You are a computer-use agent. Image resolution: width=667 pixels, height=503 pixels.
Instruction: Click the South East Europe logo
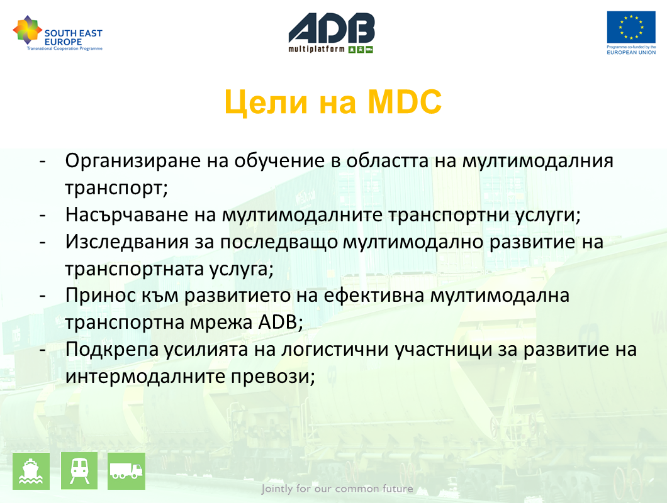tap(58, 33)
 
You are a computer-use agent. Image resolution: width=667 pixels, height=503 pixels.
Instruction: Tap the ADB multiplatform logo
tap(332, 33)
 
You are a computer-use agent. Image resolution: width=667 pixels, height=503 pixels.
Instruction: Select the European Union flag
tap(631, 27)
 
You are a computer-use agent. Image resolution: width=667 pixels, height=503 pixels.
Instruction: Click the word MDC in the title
tap(405, 102)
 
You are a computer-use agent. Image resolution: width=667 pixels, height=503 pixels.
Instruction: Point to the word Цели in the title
tap(266, 103)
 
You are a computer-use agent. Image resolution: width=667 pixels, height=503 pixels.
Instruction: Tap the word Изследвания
tap(126, 242)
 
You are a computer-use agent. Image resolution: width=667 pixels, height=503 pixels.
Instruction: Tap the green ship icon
tap(31, 471)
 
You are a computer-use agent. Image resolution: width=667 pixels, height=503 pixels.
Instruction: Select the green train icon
tap(79, 471)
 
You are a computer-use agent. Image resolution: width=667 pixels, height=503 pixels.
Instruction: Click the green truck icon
tap(126, 471)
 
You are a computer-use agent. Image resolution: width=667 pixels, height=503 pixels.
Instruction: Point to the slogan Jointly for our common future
tap(337, 489)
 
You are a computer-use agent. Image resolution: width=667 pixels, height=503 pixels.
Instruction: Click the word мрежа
tap(221, 323)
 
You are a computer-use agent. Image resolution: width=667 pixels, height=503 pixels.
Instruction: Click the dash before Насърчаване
tap(43, 216)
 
